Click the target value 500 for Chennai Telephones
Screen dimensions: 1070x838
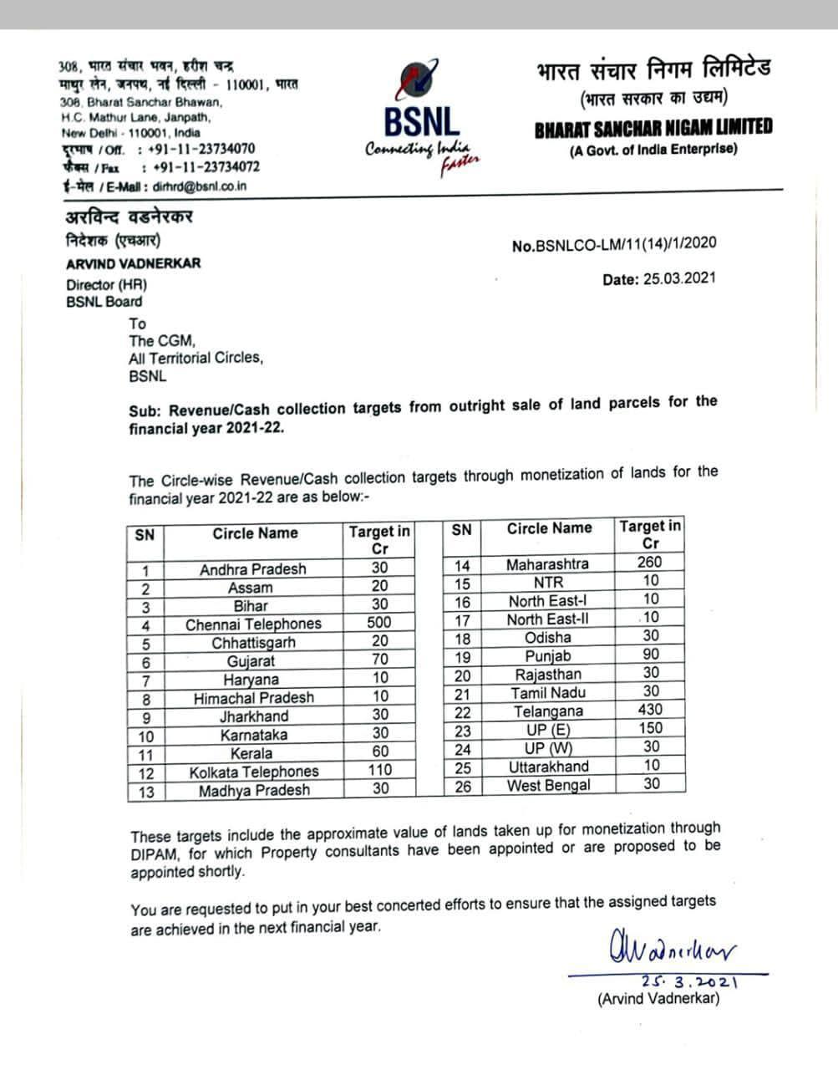tap(379, 623)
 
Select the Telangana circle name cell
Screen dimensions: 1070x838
tap(548, 711)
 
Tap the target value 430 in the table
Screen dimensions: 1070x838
tap(650, 710)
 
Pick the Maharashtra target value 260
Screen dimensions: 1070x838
tap(650, 563)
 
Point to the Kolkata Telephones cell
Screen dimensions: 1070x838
tap(253, 772)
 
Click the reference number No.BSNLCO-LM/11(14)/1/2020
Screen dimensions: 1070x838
tap(613, 244)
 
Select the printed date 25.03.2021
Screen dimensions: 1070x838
tap(659, 280)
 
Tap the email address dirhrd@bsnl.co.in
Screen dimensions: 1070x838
tap(200, 186)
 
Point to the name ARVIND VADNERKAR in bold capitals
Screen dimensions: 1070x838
tap(133, 263)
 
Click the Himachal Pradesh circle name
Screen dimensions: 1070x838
tap(253, 697)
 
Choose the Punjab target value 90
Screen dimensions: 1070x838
tap(650, 655)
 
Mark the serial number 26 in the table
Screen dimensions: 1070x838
tap(462, 786)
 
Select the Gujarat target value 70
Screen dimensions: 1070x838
tap(379, 660)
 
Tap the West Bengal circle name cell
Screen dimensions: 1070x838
tap(548, 785)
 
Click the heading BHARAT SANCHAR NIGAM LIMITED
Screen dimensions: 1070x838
tap(653, 128)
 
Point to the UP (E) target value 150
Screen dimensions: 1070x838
tap(650, 728)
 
